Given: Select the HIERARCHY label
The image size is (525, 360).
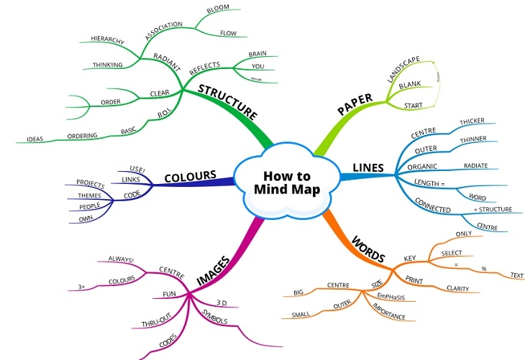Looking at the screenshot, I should click(108, 37).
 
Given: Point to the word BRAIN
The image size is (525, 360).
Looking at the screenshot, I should click(257, 54).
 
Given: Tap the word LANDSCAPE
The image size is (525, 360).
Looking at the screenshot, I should click(403, 70).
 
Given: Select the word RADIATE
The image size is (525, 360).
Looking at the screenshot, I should click(475, 165).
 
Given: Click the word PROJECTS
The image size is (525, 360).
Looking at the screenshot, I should click(90, 185).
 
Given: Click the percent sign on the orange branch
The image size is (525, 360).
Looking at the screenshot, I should click(483, 269).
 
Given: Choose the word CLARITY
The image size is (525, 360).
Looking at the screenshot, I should click(457, 289).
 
